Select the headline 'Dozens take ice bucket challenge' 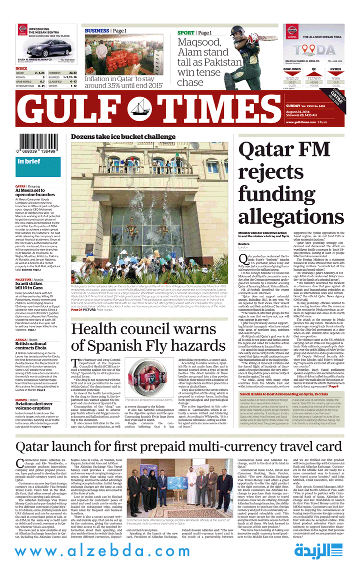123,137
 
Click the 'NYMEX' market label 336,69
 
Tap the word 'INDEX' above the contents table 21,68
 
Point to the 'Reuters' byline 244,244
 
